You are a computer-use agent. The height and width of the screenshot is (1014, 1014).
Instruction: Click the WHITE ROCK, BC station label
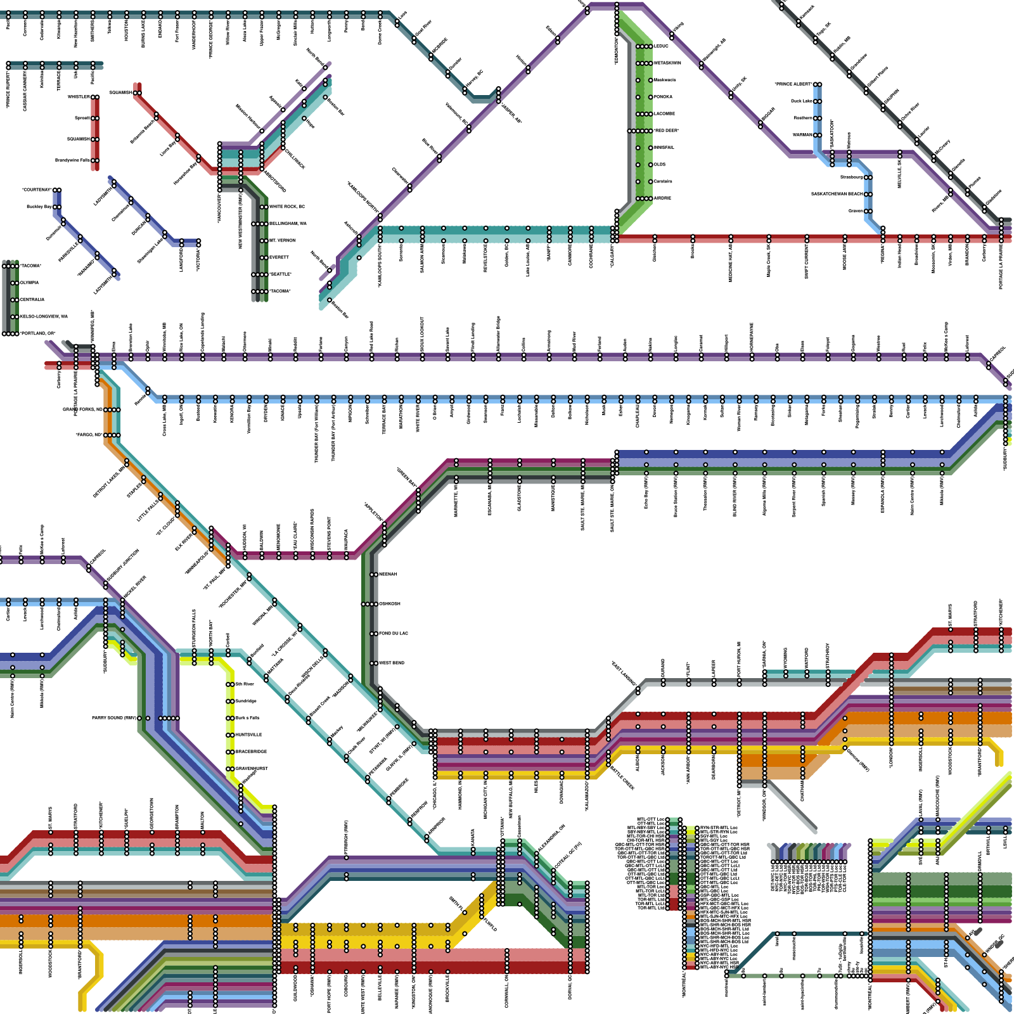click(x=287, y=207)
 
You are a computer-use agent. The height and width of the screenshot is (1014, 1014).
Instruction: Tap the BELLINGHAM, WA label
click(x=288, y=224)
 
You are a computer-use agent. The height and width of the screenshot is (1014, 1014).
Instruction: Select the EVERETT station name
click(x=279, y=257)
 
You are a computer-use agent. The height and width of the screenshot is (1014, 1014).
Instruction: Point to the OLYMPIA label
click(x=29, y=283)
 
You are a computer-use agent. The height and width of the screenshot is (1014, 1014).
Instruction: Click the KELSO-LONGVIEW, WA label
click(x=44, y=316)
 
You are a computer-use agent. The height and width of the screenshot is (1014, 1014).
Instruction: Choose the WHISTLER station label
click(x=79, y=97)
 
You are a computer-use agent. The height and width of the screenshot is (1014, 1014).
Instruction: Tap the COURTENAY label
click(x=36, y=189)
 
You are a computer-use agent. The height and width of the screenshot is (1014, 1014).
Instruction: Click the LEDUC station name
click(x=661, y=46)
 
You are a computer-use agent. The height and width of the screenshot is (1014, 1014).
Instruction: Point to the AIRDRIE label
click(x=662, y=198)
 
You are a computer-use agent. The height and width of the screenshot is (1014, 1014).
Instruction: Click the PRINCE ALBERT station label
click(x=793, y=84)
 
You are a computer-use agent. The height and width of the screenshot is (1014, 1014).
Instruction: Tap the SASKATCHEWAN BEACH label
click(x=837, y=194)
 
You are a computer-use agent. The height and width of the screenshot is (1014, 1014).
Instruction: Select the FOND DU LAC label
click(x=394, y=633)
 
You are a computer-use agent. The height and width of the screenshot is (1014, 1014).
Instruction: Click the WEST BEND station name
click(x=392, y=663)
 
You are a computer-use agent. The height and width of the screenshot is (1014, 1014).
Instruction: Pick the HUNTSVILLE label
click(x=248, y=735)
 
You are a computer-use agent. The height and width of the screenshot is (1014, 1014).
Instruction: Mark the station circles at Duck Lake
click(x=818, y=101)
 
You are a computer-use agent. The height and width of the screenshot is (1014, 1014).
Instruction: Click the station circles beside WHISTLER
click(x=95, y=97)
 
